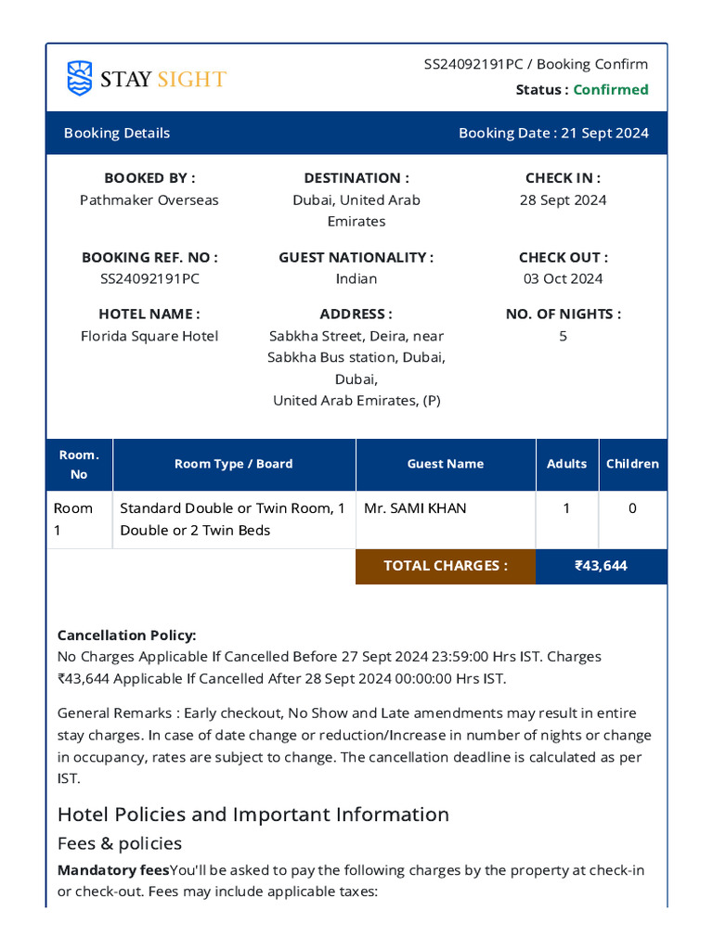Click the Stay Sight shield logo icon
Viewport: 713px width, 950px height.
click(80, 78)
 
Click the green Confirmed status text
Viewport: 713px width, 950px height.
click(610, 90)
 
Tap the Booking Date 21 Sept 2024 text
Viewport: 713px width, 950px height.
click(553, 133)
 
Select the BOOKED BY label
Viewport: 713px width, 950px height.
click(149, 178)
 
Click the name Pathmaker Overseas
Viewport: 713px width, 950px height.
click(149, 200)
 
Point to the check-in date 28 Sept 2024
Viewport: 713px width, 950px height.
click(563, 200)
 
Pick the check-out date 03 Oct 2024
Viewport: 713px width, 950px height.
click(563, 279)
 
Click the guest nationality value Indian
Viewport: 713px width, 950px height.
click(356, 279)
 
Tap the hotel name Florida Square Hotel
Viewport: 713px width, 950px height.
click(149, 336)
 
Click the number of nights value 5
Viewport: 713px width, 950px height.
click(563, 336)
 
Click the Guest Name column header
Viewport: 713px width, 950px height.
click(445, 464)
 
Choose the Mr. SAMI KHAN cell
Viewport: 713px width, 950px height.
click(415, 508)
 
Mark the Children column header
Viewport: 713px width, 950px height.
click(632, 464)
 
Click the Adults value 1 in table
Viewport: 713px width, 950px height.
click(566, 508)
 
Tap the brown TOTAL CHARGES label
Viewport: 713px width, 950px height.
click(445, 566)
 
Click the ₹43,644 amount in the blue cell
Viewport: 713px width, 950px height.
click(601, 566)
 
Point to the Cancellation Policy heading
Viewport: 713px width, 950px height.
click(126, 635)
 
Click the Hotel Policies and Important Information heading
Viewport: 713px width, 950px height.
click(253, 815)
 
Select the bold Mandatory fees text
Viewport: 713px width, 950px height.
click(113, 870)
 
